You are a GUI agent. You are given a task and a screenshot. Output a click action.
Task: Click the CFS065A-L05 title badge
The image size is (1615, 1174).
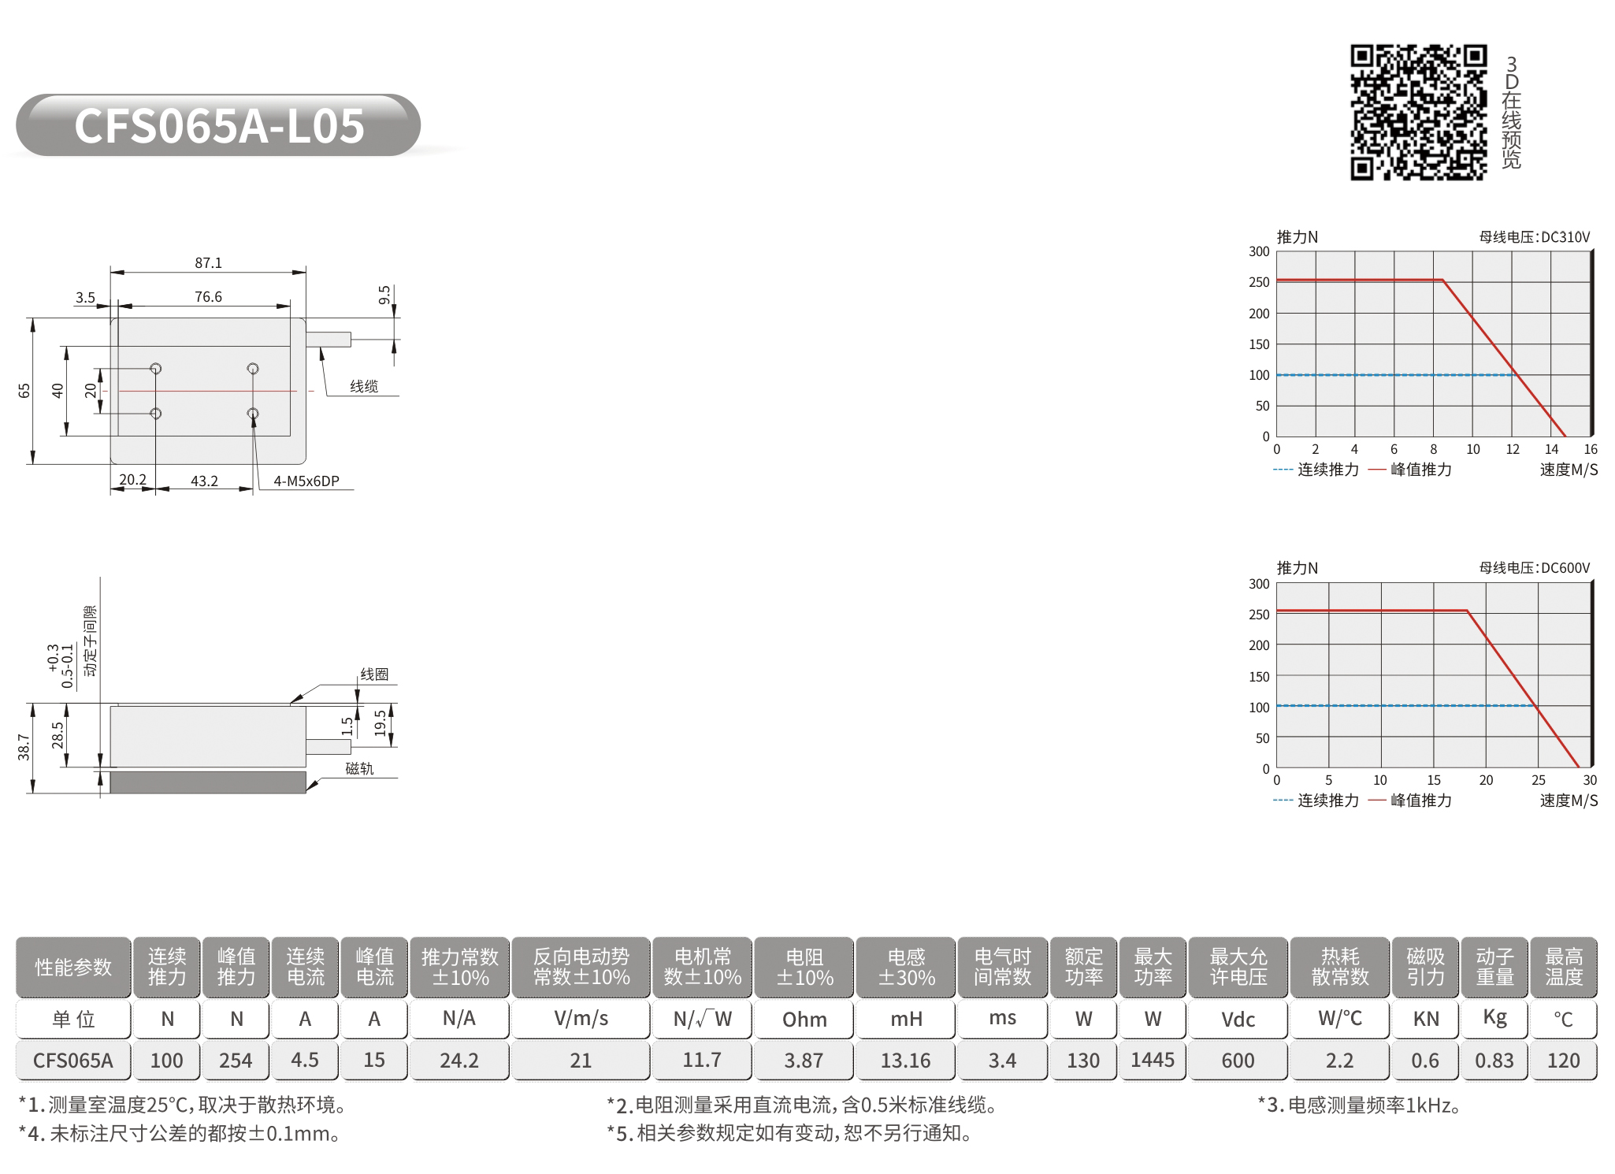pos(218,125)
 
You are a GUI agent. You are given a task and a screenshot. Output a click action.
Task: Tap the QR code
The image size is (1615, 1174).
pos(1419,113)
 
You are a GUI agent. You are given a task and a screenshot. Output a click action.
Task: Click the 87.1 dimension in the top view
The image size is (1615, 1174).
pos(209,263)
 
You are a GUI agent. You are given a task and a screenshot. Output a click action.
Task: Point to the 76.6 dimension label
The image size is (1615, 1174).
pos(209,297)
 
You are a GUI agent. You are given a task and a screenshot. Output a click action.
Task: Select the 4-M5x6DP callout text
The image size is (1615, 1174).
pos(306,481)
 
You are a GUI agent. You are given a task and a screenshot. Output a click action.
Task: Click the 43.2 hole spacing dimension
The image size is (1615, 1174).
pos(205,481)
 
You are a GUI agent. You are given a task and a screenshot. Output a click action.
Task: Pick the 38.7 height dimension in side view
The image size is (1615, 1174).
pos(24,747)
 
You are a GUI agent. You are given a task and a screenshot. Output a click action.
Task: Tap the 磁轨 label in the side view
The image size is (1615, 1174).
pos(359,768)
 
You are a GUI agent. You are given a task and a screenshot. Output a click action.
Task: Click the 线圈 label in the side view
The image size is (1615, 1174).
pos(374,674)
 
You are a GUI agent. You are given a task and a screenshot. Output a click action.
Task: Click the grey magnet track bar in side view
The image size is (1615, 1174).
pos(208,782)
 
